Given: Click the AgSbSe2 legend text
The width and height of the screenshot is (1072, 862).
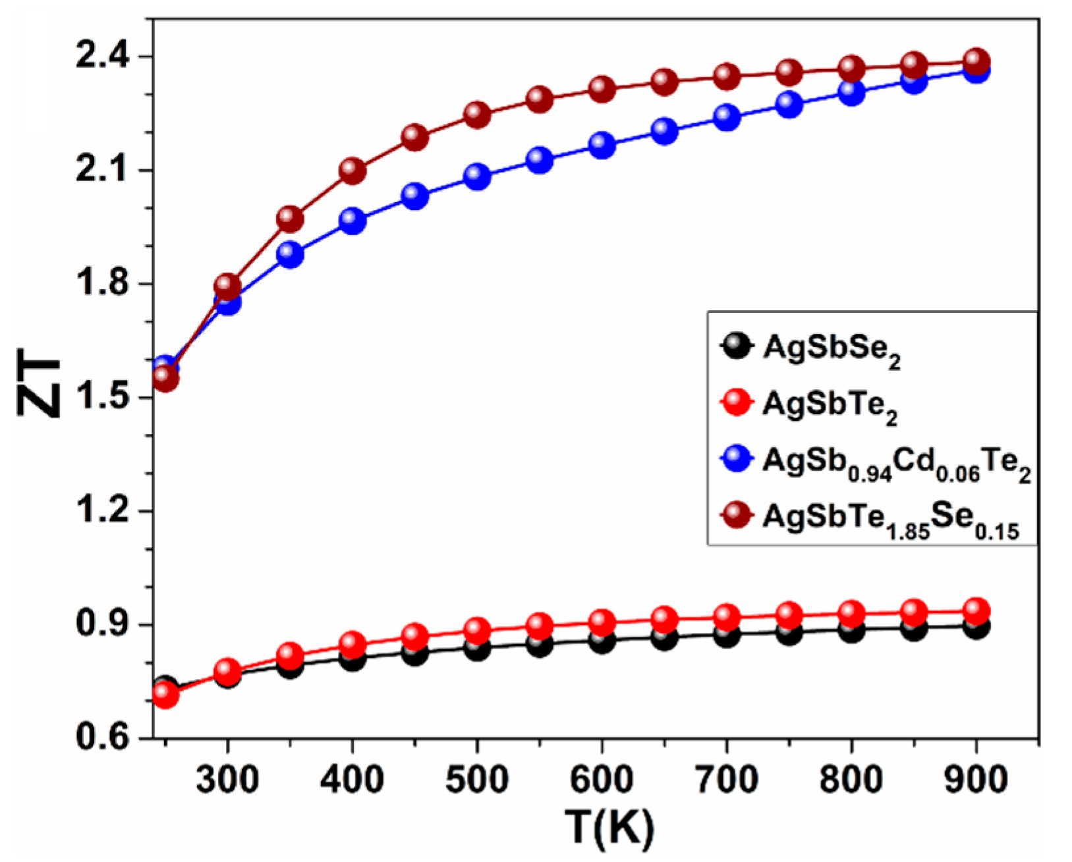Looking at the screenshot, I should click(x=832, y=350).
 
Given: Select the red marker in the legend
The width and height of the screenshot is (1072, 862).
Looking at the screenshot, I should click(x=736, y=402).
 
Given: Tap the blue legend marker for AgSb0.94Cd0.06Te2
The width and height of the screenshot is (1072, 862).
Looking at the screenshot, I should click(x=736, y=459).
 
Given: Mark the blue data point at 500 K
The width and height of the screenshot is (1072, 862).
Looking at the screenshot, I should click(x=477, y=176).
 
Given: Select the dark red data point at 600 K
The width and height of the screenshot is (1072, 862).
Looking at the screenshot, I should click(x=602, y=89).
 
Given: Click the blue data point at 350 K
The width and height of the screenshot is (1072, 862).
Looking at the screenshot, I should click(x=291, y=254).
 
